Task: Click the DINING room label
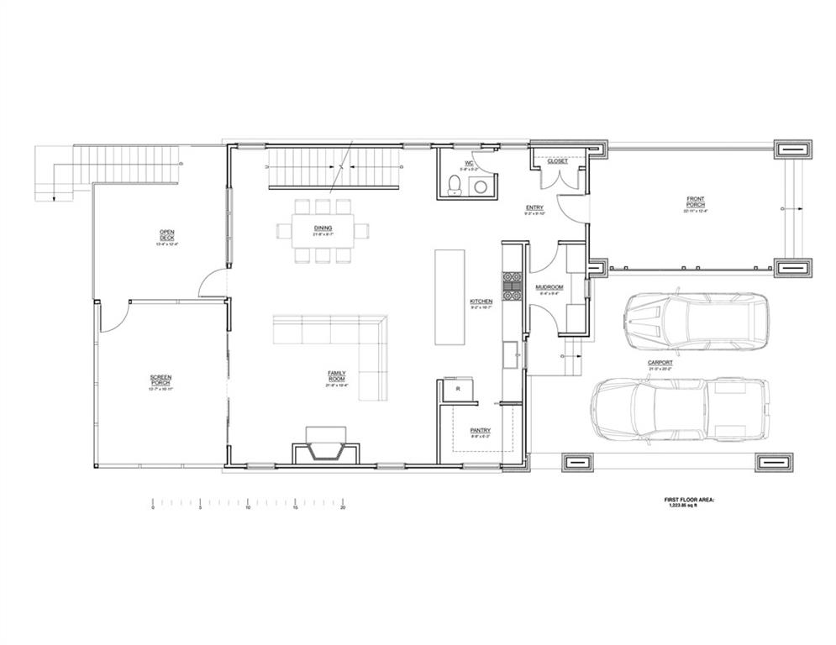point(323,228)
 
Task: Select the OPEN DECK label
point(166,235)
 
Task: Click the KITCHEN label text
point(481,301)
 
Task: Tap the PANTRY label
point(480,431)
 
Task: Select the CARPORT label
point(660,363)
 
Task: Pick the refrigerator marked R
point(459,390)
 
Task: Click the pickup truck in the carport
point(681,410)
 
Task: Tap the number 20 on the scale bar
point(343,508)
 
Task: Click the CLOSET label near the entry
point(557,161)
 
